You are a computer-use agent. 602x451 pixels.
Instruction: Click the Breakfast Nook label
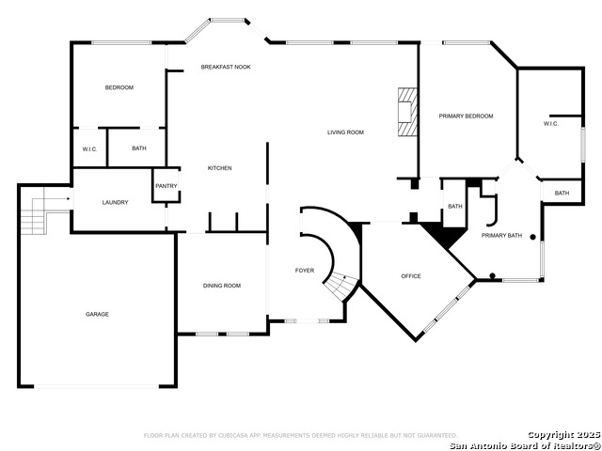click(226, 67)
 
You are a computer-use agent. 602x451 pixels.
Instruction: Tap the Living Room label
click(345, 132)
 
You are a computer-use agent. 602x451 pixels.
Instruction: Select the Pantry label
click(166, 186)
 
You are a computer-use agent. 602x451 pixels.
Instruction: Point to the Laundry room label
click(115, 203)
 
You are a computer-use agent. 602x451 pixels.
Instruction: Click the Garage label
click(97, 314)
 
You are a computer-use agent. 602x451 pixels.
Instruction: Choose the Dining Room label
click(222, 286)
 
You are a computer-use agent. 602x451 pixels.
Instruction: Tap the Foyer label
click(305, 271)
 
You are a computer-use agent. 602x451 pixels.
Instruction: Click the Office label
click(411, 276)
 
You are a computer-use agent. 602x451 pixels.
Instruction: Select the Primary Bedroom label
click(467, 117)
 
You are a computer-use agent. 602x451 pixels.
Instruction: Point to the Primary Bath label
click(501, 236)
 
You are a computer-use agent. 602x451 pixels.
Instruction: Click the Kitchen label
click(219, 168)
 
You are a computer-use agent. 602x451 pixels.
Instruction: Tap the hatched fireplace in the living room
click(407, 111)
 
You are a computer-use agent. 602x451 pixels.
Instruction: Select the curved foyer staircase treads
click(341, 284)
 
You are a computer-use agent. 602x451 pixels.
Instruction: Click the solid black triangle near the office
click(444, 233)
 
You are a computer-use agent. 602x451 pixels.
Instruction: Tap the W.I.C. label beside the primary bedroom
click(551, 124)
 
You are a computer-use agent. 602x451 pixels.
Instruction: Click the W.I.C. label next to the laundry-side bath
click(90, 149)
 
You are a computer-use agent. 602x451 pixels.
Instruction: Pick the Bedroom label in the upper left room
click(119, 87)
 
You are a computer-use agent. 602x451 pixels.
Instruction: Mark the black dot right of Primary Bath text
click(533, 237)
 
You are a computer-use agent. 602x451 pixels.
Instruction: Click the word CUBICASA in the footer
click(232, 435)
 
